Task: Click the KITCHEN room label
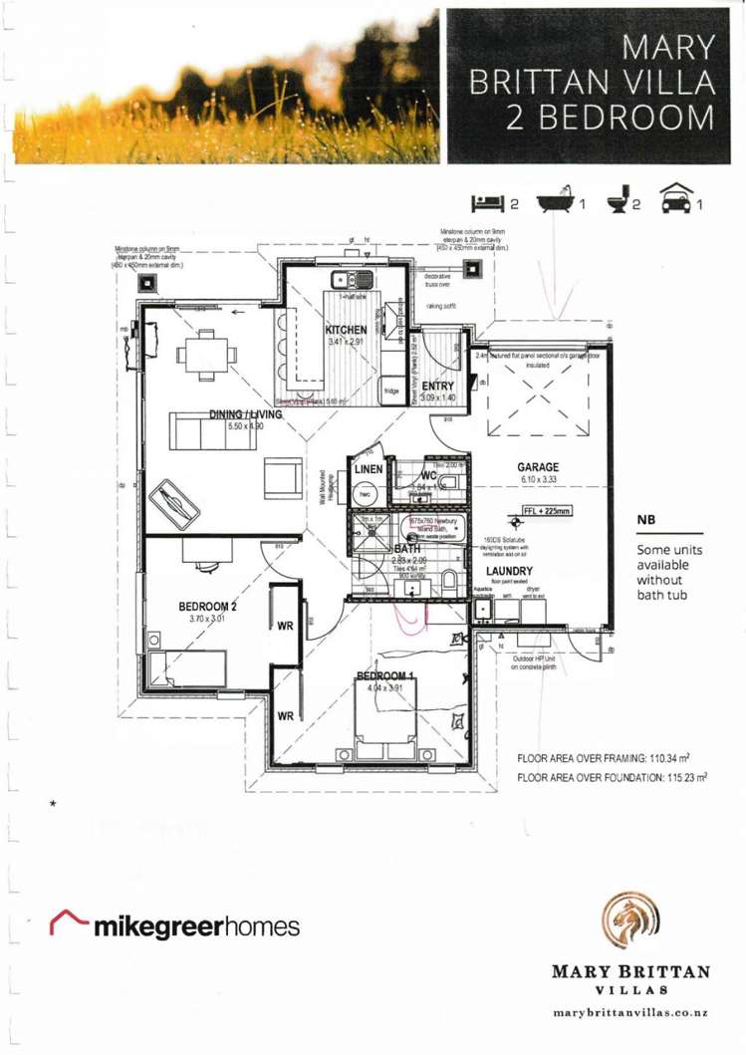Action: click(347, 330)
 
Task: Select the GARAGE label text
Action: click(537, 466)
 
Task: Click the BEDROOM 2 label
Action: click(207, 605)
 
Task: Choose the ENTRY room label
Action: click(438, 386)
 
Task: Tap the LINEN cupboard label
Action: click(362, 468)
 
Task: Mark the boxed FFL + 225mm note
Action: click(548, 511)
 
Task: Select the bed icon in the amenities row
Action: click(487, 203)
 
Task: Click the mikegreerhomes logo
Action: click(175, 926)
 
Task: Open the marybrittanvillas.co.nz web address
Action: click(626, 1012)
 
